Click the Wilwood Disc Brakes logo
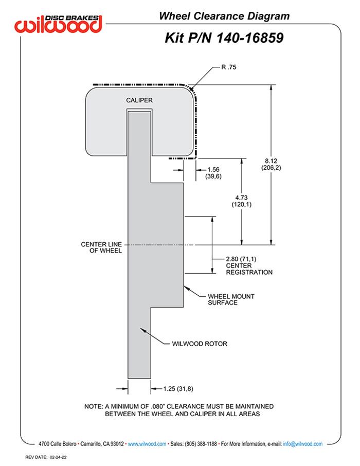(59, 23)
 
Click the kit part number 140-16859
(224, 38)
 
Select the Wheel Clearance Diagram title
(224, 16)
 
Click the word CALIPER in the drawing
(139, 100)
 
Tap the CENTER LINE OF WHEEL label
(101, 247)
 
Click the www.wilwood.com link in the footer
(147, 443)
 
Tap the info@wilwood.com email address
(303, 443)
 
